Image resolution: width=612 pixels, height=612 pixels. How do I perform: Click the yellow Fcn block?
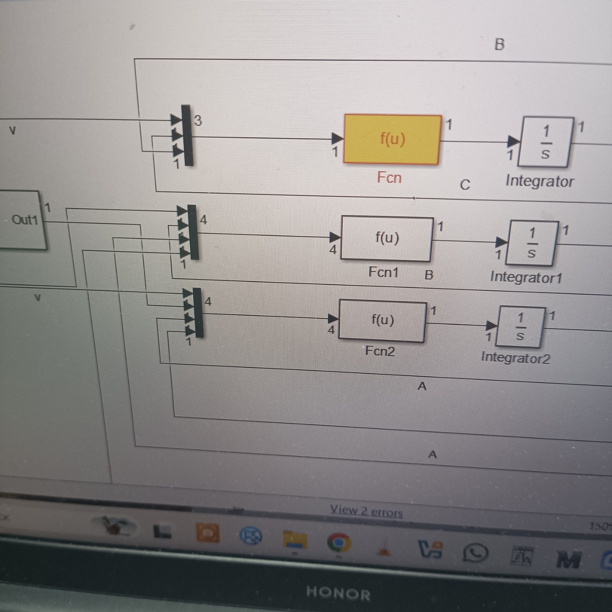[392, 139]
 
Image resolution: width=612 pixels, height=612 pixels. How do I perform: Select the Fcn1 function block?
[386, 239]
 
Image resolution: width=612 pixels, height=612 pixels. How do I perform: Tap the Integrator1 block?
[532, 243]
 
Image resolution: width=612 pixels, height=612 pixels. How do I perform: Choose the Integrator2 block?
[520, 327]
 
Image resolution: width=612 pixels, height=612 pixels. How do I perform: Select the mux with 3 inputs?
[187, 135]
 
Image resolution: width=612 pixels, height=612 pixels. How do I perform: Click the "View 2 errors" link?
[366, 510]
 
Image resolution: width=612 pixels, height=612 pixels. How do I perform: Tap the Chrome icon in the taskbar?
[339, 543]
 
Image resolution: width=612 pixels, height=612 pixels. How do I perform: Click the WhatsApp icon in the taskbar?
[475, 553]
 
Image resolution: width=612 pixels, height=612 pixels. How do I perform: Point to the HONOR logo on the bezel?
[338, 593]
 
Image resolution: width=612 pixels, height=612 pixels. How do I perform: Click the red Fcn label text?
[389, 177]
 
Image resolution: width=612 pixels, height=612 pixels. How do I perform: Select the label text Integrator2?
[515, 357]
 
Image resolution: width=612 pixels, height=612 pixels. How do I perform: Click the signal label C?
[465, 185]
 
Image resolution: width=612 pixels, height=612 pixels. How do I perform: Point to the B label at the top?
[499, 44]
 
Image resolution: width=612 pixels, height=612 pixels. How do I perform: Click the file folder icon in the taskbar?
[295, 540]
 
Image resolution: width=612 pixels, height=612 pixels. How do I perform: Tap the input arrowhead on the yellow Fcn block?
[337, 138]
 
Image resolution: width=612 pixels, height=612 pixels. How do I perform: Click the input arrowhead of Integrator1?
[501, 241]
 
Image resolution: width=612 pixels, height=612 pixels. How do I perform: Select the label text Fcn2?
[380, 351]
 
